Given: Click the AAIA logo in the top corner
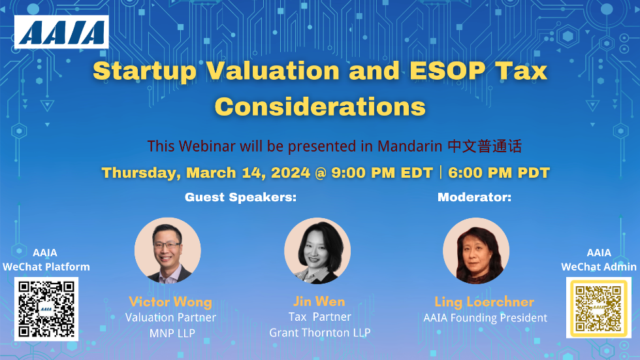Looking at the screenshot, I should point(61,32).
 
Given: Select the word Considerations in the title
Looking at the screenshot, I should point(320,106).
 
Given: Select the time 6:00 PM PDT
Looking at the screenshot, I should point(499,173).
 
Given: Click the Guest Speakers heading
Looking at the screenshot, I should point(241,197).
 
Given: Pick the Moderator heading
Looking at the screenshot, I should point(474,197).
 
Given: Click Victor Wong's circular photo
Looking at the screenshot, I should point(168,251).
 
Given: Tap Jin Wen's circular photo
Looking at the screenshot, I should point(317,251).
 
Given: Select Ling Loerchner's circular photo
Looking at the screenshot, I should point(476,251).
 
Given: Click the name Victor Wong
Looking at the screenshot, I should point(170,302).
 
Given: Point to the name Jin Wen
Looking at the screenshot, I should point(319,301).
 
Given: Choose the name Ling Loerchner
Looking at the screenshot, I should point(484,302).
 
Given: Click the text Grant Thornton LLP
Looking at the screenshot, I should point(320,333).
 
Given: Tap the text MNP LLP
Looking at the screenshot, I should point(170,333).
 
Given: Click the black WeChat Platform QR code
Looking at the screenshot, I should point(46,309).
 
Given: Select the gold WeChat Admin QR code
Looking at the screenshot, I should point(598,308).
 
